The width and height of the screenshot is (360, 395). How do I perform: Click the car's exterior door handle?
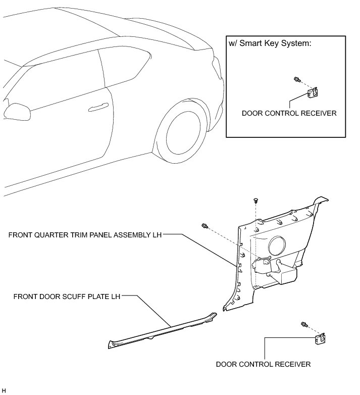[x=98, y=107]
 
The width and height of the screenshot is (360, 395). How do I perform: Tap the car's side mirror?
[x=17, y=112]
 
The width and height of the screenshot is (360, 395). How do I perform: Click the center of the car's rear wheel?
[x=183, y=133]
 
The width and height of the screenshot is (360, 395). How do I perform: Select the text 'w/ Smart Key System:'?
[x=270, y=43]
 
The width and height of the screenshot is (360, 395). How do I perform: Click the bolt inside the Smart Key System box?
[x=297, y=80]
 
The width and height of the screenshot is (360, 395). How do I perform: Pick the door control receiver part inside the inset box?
[x=313, y=93]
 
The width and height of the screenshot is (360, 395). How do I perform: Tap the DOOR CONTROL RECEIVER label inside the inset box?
[x=289, y=113]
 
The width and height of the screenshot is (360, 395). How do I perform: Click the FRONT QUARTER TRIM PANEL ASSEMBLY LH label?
[x=85, y=235]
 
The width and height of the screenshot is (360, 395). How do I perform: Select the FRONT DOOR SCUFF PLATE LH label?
[x=67, y=297]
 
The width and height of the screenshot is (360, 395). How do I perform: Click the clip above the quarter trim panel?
[x=256, y=201]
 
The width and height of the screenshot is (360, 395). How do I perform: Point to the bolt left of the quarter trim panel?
[x=205, y=226]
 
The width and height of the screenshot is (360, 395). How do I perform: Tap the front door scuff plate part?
[x=163, y=331]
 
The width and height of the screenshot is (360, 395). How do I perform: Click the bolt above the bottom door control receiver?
[x=304, y=325]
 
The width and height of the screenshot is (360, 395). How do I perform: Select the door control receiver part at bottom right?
[x=320, y=338]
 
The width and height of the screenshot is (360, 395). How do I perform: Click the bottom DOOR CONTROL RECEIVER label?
[x=263, y=364]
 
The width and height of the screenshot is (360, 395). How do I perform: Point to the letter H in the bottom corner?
[x=3, y=391]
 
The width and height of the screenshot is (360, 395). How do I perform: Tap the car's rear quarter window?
[x=126, y=66]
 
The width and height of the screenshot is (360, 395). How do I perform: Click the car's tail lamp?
[x=218, y=68]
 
